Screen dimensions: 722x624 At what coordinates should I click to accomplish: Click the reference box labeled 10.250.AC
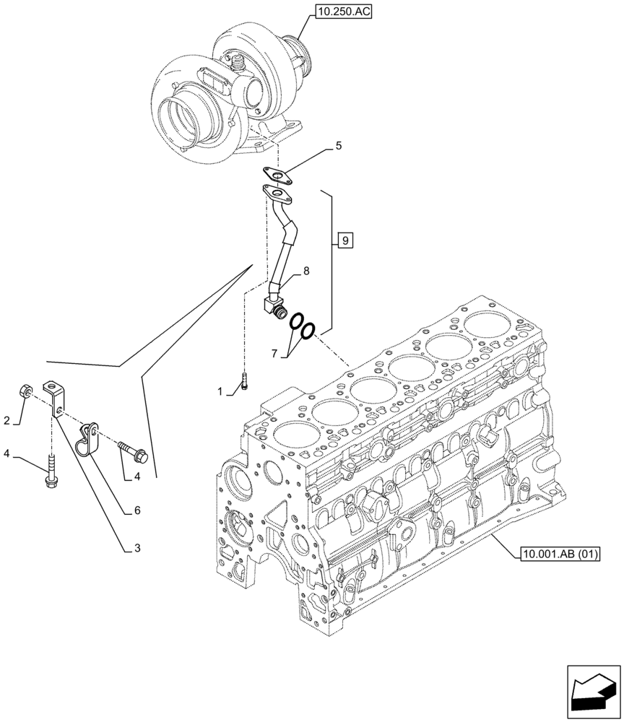343,12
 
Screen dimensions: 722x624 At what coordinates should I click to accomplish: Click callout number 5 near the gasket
338,147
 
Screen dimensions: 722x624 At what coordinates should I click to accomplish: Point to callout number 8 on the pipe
306,271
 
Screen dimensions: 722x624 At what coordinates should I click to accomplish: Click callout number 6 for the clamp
136,510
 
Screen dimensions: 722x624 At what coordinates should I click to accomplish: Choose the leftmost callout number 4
6,454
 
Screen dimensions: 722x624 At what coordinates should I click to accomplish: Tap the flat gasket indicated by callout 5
277,175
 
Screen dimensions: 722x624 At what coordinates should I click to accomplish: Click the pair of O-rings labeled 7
302,327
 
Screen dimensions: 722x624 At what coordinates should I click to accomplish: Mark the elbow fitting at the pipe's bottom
274,307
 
